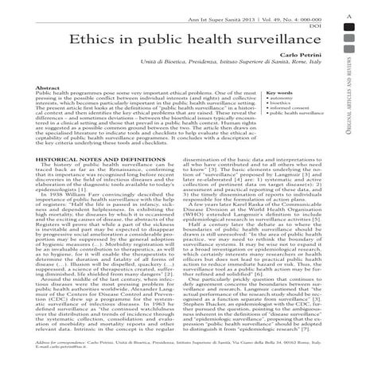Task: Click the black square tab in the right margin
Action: click(x=351, y=33)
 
